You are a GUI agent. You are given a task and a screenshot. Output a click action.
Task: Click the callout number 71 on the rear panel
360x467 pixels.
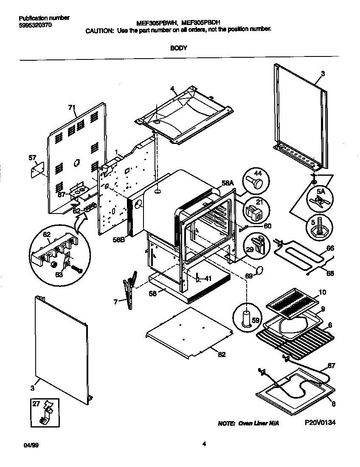click(x=72, y=107)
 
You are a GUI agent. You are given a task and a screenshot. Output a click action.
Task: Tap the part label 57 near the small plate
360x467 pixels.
click(x=33, y=158)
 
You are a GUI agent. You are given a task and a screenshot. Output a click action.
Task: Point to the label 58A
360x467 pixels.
click(x=228, y=183)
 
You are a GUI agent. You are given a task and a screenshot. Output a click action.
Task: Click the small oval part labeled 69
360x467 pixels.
click(x=259, y=269)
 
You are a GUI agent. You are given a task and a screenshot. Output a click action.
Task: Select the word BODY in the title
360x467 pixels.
click(x=179, y=48)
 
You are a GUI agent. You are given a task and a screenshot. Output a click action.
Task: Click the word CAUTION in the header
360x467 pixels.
click(x=99, y=31)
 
